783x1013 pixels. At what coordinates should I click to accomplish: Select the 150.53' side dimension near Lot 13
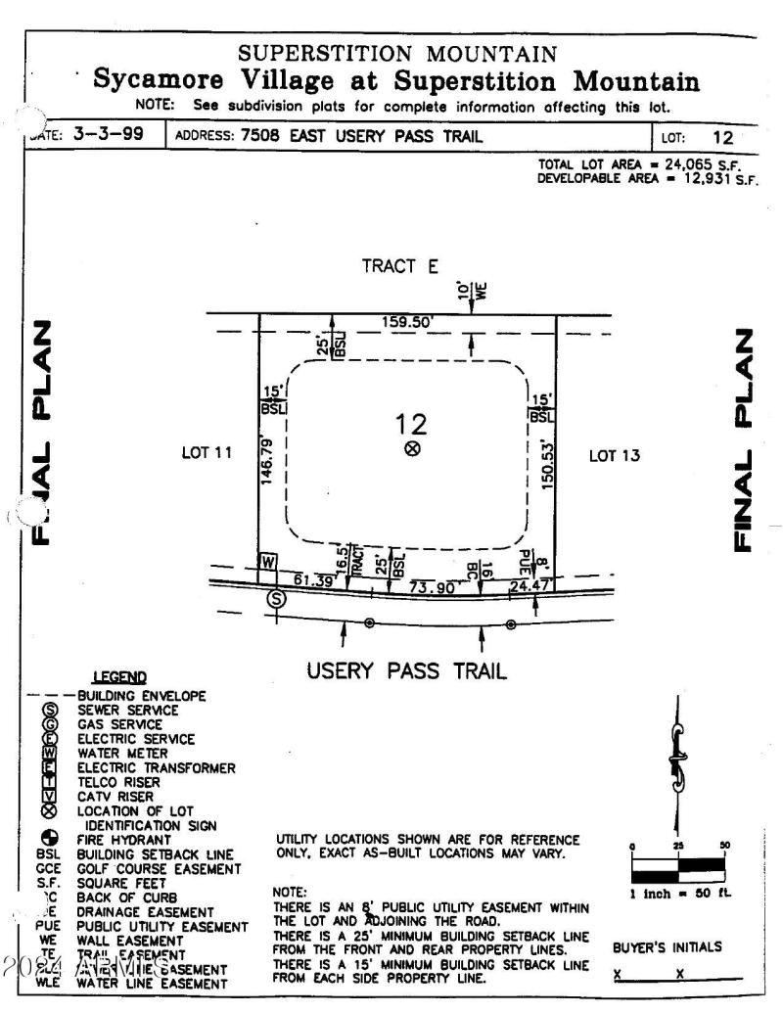(548, 463)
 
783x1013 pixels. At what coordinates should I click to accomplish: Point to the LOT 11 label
(207, 453)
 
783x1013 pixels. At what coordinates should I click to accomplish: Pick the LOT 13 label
(614, 455)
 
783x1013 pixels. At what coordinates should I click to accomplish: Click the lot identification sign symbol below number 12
(412, 449)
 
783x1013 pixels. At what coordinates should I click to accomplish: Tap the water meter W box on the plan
(268, 562)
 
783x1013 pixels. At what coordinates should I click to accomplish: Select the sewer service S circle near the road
(277, 599)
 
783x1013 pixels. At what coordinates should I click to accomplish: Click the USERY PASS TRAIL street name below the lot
(406, 671)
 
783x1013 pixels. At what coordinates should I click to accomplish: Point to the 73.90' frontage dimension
(432, 587)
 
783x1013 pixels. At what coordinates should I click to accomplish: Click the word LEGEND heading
(118, 676)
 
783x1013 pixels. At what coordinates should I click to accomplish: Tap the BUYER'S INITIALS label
(668, 947)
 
